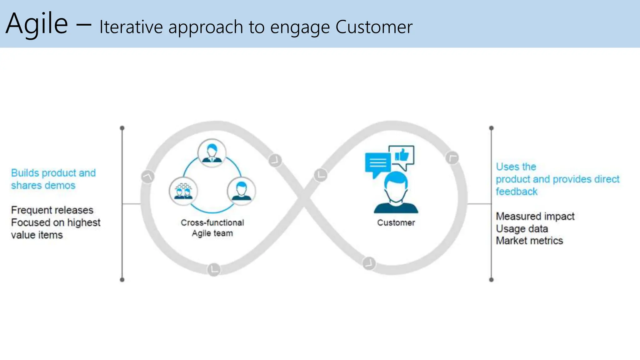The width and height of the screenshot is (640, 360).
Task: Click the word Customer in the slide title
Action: (x=374, y=27)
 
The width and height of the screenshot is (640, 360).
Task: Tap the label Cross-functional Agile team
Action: (x=212, y=228)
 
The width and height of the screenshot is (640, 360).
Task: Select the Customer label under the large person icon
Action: (x=396, y=223)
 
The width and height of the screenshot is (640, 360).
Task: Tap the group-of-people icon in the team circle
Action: (x=183, y=191)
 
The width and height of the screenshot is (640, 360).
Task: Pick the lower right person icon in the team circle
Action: (x=241, y=191)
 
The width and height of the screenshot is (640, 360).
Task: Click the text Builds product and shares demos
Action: (x=53, y=179)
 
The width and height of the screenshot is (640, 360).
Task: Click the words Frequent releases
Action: (x=52, y=210)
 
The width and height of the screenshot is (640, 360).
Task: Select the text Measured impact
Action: (x=535, y=216)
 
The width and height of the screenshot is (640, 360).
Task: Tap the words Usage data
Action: (x=522, y=229)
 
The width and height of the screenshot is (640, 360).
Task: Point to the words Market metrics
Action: (x=529, y=241)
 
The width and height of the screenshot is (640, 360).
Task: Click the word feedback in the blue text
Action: (x=516, y=192)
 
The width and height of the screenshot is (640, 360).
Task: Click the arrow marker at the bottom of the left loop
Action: (x=214, y=269)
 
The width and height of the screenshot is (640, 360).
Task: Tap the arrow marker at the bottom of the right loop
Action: (x=369, y=263)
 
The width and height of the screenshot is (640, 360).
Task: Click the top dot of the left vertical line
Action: (x=122, y=128)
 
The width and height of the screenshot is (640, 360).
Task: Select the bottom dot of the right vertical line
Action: (x=491, y=280)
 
